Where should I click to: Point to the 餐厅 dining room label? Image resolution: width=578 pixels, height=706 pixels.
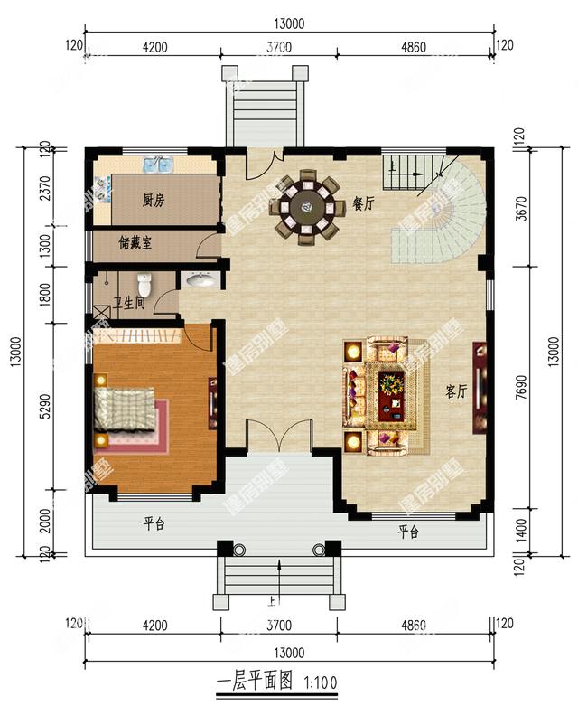tap(363, 204)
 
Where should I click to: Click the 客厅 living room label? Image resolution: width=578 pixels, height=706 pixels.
tap(456, 391)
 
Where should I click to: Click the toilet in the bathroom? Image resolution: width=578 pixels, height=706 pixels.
tap(143, 282)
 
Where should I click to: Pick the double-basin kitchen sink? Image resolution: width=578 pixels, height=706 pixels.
tap(160, 165)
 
